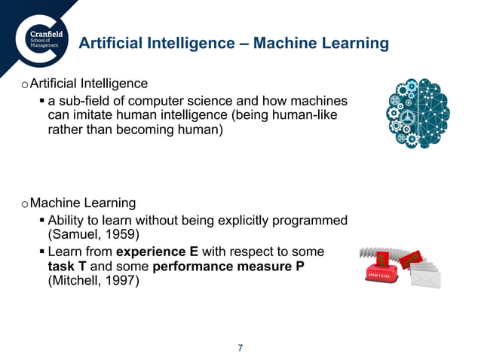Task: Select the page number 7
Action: click(240, 347)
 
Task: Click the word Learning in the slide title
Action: click(354, 44)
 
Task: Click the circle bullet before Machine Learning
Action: click(25, 204)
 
